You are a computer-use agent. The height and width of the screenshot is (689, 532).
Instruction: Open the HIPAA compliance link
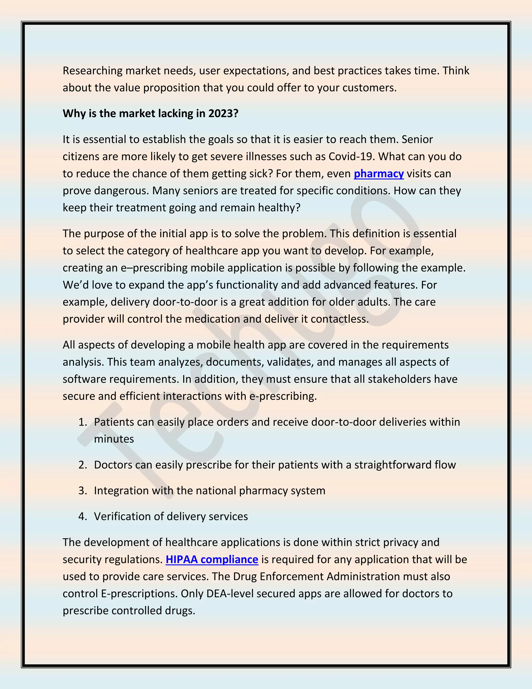pyautogui.click(x=212, y=559)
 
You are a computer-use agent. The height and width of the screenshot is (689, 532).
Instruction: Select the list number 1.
pyautogui.click(x=83, y=422)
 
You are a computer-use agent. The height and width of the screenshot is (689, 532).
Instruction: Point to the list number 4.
pyautogui.click(x=83, y=516)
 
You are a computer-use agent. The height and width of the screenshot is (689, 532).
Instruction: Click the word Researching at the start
pyautogui.click(x=92, y=71)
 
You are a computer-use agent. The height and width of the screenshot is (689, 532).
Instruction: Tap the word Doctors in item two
pyautogui.click(x=113, y=465)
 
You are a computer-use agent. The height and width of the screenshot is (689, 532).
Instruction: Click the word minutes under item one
pyautogui.click(x=114, y=439)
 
